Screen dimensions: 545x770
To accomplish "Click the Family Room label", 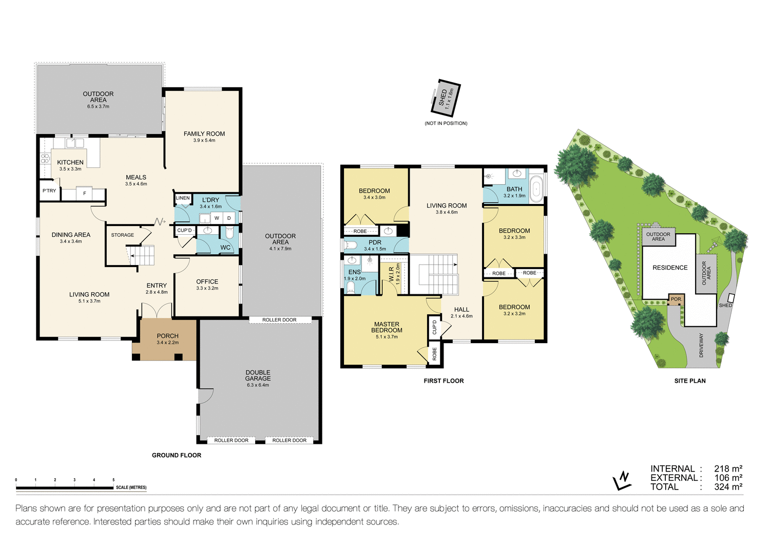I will (x=204, y=134).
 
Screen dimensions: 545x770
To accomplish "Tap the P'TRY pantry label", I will (x=49, y=191).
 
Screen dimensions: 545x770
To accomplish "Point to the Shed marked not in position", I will (x=445, y=98).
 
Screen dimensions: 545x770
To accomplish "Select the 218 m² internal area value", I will (x=728, y=468).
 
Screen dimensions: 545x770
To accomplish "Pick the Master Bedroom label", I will (x=387, y=327).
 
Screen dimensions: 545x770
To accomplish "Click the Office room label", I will (x=207, y=281).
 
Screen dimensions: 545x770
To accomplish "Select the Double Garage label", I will (x=258, y=375).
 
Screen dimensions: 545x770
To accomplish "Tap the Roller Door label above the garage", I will (x=279, y=320).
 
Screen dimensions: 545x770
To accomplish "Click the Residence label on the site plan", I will (x=669, y=268).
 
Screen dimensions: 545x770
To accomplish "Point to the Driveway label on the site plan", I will (x=701, y=345).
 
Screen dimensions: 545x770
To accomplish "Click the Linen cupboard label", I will (x=183, y=198).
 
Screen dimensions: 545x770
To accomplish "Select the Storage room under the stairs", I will (x=123, y=235).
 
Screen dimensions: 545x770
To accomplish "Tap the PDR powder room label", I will (x=375, y=242).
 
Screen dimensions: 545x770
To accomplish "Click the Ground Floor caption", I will (x=177, y=455).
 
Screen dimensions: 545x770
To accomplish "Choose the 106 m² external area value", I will (x=728, y=478).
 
